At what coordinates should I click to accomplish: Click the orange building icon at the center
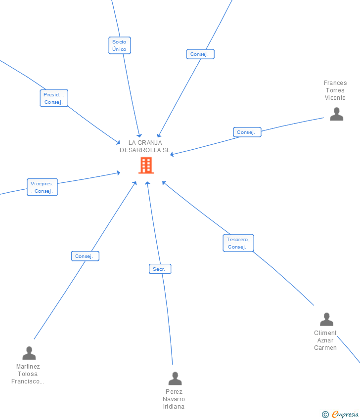point(146,166)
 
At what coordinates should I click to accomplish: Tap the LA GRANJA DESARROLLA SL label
point(145,146)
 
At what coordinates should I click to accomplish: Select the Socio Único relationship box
point(119,45)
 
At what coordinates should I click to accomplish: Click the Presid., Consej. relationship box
point(53,98)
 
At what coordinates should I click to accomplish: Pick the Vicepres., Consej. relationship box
point(42,187)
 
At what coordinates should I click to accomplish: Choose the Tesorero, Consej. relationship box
point(238,243)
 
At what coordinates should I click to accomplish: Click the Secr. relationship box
point(160,269)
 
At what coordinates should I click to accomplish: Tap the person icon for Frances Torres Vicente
point(336,114)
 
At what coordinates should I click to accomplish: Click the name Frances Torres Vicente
point(335,90)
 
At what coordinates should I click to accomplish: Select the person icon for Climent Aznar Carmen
point(326,319)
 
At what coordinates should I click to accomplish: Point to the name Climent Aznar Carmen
point(325,340)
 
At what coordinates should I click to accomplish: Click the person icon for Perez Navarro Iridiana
point(175,378)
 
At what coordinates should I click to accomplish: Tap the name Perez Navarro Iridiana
point(174,399)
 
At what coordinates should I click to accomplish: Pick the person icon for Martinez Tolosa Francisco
point(29,353)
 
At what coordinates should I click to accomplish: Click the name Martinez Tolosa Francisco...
point(28,374)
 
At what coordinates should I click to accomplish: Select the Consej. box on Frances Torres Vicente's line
point(247,132)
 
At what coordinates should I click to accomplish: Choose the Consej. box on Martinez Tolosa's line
point(85,256)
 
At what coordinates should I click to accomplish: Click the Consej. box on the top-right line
point(200,54)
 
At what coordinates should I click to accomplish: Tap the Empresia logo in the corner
point(345,415)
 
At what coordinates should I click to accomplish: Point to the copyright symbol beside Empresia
point(325,415)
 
